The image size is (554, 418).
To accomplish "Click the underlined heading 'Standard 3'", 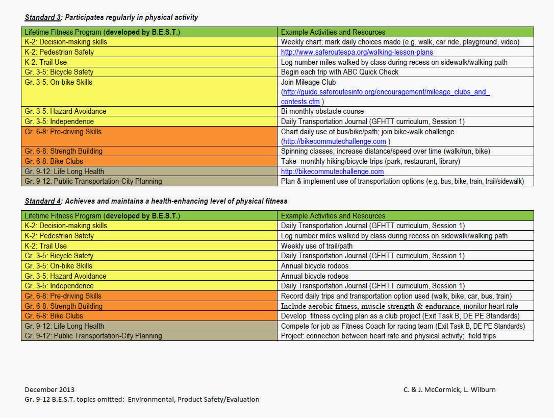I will click(42, 17).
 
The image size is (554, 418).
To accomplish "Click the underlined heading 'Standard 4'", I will click(42, 201).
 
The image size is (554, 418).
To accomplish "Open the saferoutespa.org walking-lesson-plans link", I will click(357, 52).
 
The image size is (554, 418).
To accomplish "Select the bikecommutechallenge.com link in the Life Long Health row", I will click(332, 171).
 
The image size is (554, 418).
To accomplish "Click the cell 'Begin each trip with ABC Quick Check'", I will click(340, 72).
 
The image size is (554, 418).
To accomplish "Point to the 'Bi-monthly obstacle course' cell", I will click(322, 111).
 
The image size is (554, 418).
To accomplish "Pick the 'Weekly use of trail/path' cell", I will click(317, 246).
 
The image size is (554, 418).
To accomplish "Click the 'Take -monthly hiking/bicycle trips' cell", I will click(370, 161).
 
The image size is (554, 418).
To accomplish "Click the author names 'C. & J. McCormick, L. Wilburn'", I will click(449, 389).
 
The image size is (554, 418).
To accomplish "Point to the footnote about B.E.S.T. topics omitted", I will click(142, 399).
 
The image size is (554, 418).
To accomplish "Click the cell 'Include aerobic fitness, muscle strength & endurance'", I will click(399, 306).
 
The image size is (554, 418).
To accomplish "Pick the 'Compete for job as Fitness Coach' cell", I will click(402, 326).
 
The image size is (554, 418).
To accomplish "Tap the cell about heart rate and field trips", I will click(388, 336).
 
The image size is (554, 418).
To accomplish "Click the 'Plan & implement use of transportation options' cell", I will click(402, 181).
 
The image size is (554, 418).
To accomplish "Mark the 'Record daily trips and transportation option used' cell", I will click(396, 296).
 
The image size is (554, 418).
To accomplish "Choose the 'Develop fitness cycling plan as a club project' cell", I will click(400, 316).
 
